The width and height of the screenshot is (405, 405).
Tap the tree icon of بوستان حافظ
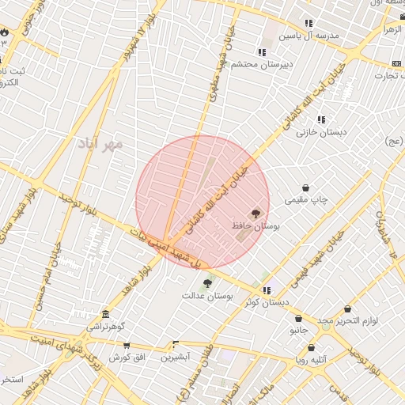[x=255, y=213]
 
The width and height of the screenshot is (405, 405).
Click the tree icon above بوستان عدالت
[x=207, y=282]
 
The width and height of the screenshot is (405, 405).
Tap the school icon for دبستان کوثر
[x=267, y=290]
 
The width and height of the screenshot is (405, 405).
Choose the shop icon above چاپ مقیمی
[x=306, y=189]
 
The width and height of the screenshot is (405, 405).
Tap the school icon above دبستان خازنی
[x=321, y=119]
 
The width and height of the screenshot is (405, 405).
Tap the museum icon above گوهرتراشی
[x=106, y=314]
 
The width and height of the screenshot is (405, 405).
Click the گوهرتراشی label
[x=106, y=326]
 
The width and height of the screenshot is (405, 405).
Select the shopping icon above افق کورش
[x=127, y=346]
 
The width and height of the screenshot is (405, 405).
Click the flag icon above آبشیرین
[x=176, y=344]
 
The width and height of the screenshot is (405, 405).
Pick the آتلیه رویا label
[x=311, y=360]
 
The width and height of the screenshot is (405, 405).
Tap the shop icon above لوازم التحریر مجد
[x=348, y=309]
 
